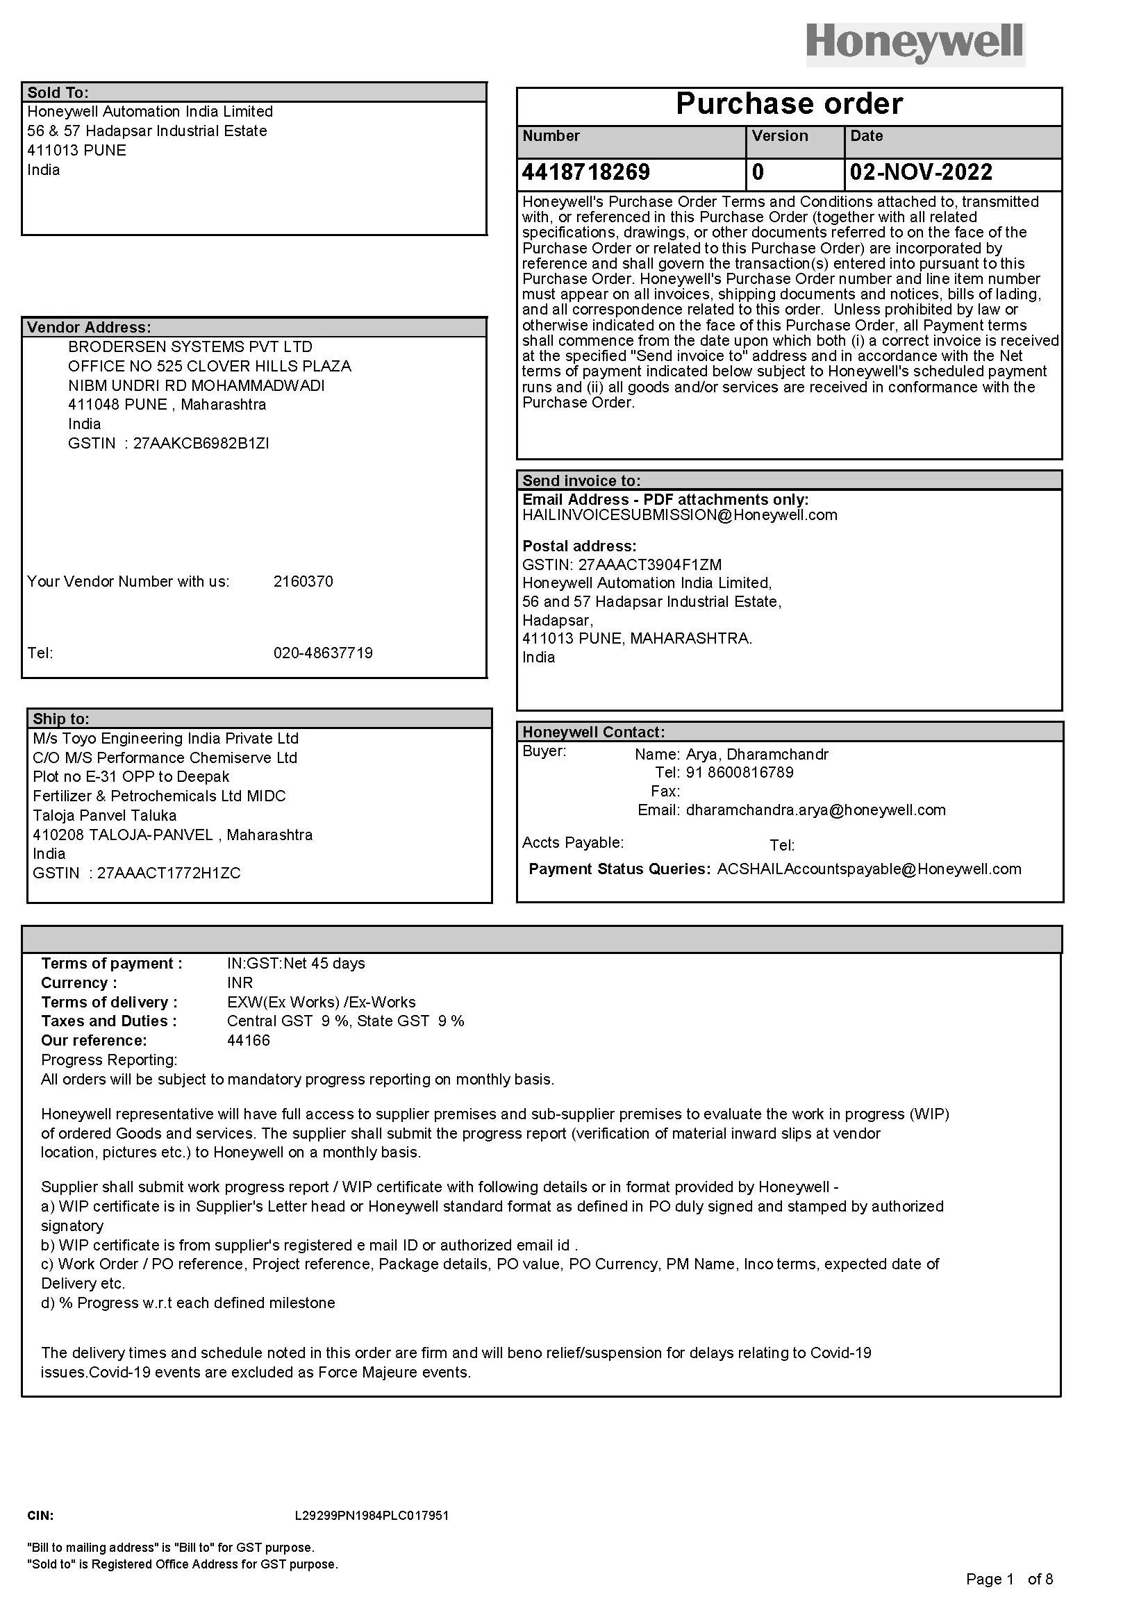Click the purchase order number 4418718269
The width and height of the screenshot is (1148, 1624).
[585, 173]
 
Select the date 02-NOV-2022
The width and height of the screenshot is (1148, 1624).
[921, 173]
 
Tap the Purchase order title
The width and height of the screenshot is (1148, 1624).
[789, 104]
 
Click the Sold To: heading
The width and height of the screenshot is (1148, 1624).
[58, 92]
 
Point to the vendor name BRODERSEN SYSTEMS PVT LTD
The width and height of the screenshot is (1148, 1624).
[190, 346]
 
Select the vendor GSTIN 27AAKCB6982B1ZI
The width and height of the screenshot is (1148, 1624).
[201, 444]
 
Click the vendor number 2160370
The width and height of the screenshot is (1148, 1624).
[303, 581]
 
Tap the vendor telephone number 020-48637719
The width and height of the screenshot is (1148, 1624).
[322, 653]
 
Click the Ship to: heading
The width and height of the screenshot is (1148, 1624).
[61, 719]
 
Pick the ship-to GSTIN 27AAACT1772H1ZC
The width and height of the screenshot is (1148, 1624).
[168, 873]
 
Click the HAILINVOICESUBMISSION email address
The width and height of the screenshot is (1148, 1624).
[679, 515]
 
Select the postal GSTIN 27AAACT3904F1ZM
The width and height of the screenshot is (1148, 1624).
[649, 564]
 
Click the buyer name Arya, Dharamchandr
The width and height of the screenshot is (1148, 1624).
[756, 754]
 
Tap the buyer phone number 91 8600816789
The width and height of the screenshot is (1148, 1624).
[739, 772]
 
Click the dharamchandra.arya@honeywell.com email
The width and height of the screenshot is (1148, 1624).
[815, 810]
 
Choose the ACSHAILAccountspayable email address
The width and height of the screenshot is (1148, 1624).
[869, 869]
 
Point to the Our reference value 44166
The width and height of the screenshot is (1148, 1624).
[248, 1041]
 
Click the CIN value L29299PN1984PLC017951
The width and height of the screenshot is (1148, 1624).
[372, 1516]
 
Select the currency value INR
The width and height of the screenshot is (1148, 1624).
[240, 982]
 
